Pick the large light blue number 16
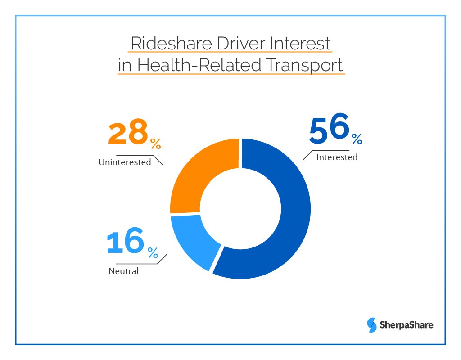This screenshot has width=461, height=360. pos(126,243)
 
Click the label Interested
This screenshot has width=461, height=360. pos(337,157)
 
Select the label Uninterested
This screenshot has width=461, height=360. pos(125,162)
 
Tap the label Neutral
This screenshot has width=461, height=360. pos(123,271)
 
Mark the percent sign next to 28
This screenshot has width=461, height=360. pos(155,144)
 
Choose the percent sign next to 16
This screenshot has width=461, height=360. pos(153,253)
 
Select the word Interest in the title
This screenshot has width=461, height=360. pos(301,44)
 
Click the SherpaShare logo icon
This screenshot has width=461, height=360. pos(372,324)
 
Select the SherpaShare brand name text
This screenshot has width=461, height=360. pos(407,324)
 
